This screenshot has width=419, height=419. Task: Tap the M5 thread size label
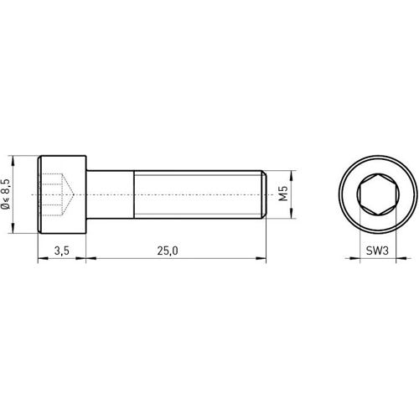(x=283, y=195)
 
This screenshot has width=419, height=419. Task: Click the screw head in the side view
(x=63, y=195)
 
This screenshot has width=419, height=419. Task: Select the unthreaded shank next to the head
(x=111, y=195)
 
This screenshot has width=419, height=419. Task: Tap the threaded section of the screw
(x=197, y=195)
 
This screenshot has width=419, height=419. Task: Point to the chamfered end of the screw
(x=264, y=195)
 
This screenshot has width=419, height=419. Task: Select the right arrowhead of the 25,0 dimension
(x=261, y=259)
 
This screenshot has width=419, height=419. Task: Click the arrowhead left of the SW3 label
(x=355, y=259)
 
